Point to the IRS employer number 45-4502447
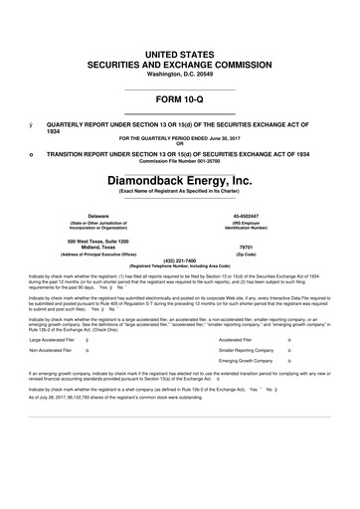261,214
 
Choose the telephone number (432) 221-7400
180,261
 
